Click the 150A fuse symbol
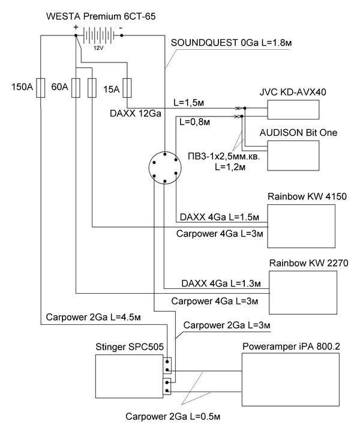point(40,88)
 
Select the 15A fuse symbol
point(127,88)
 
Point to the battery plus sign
point(76,27)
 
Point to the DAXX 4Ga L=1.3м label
point(217,282)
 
